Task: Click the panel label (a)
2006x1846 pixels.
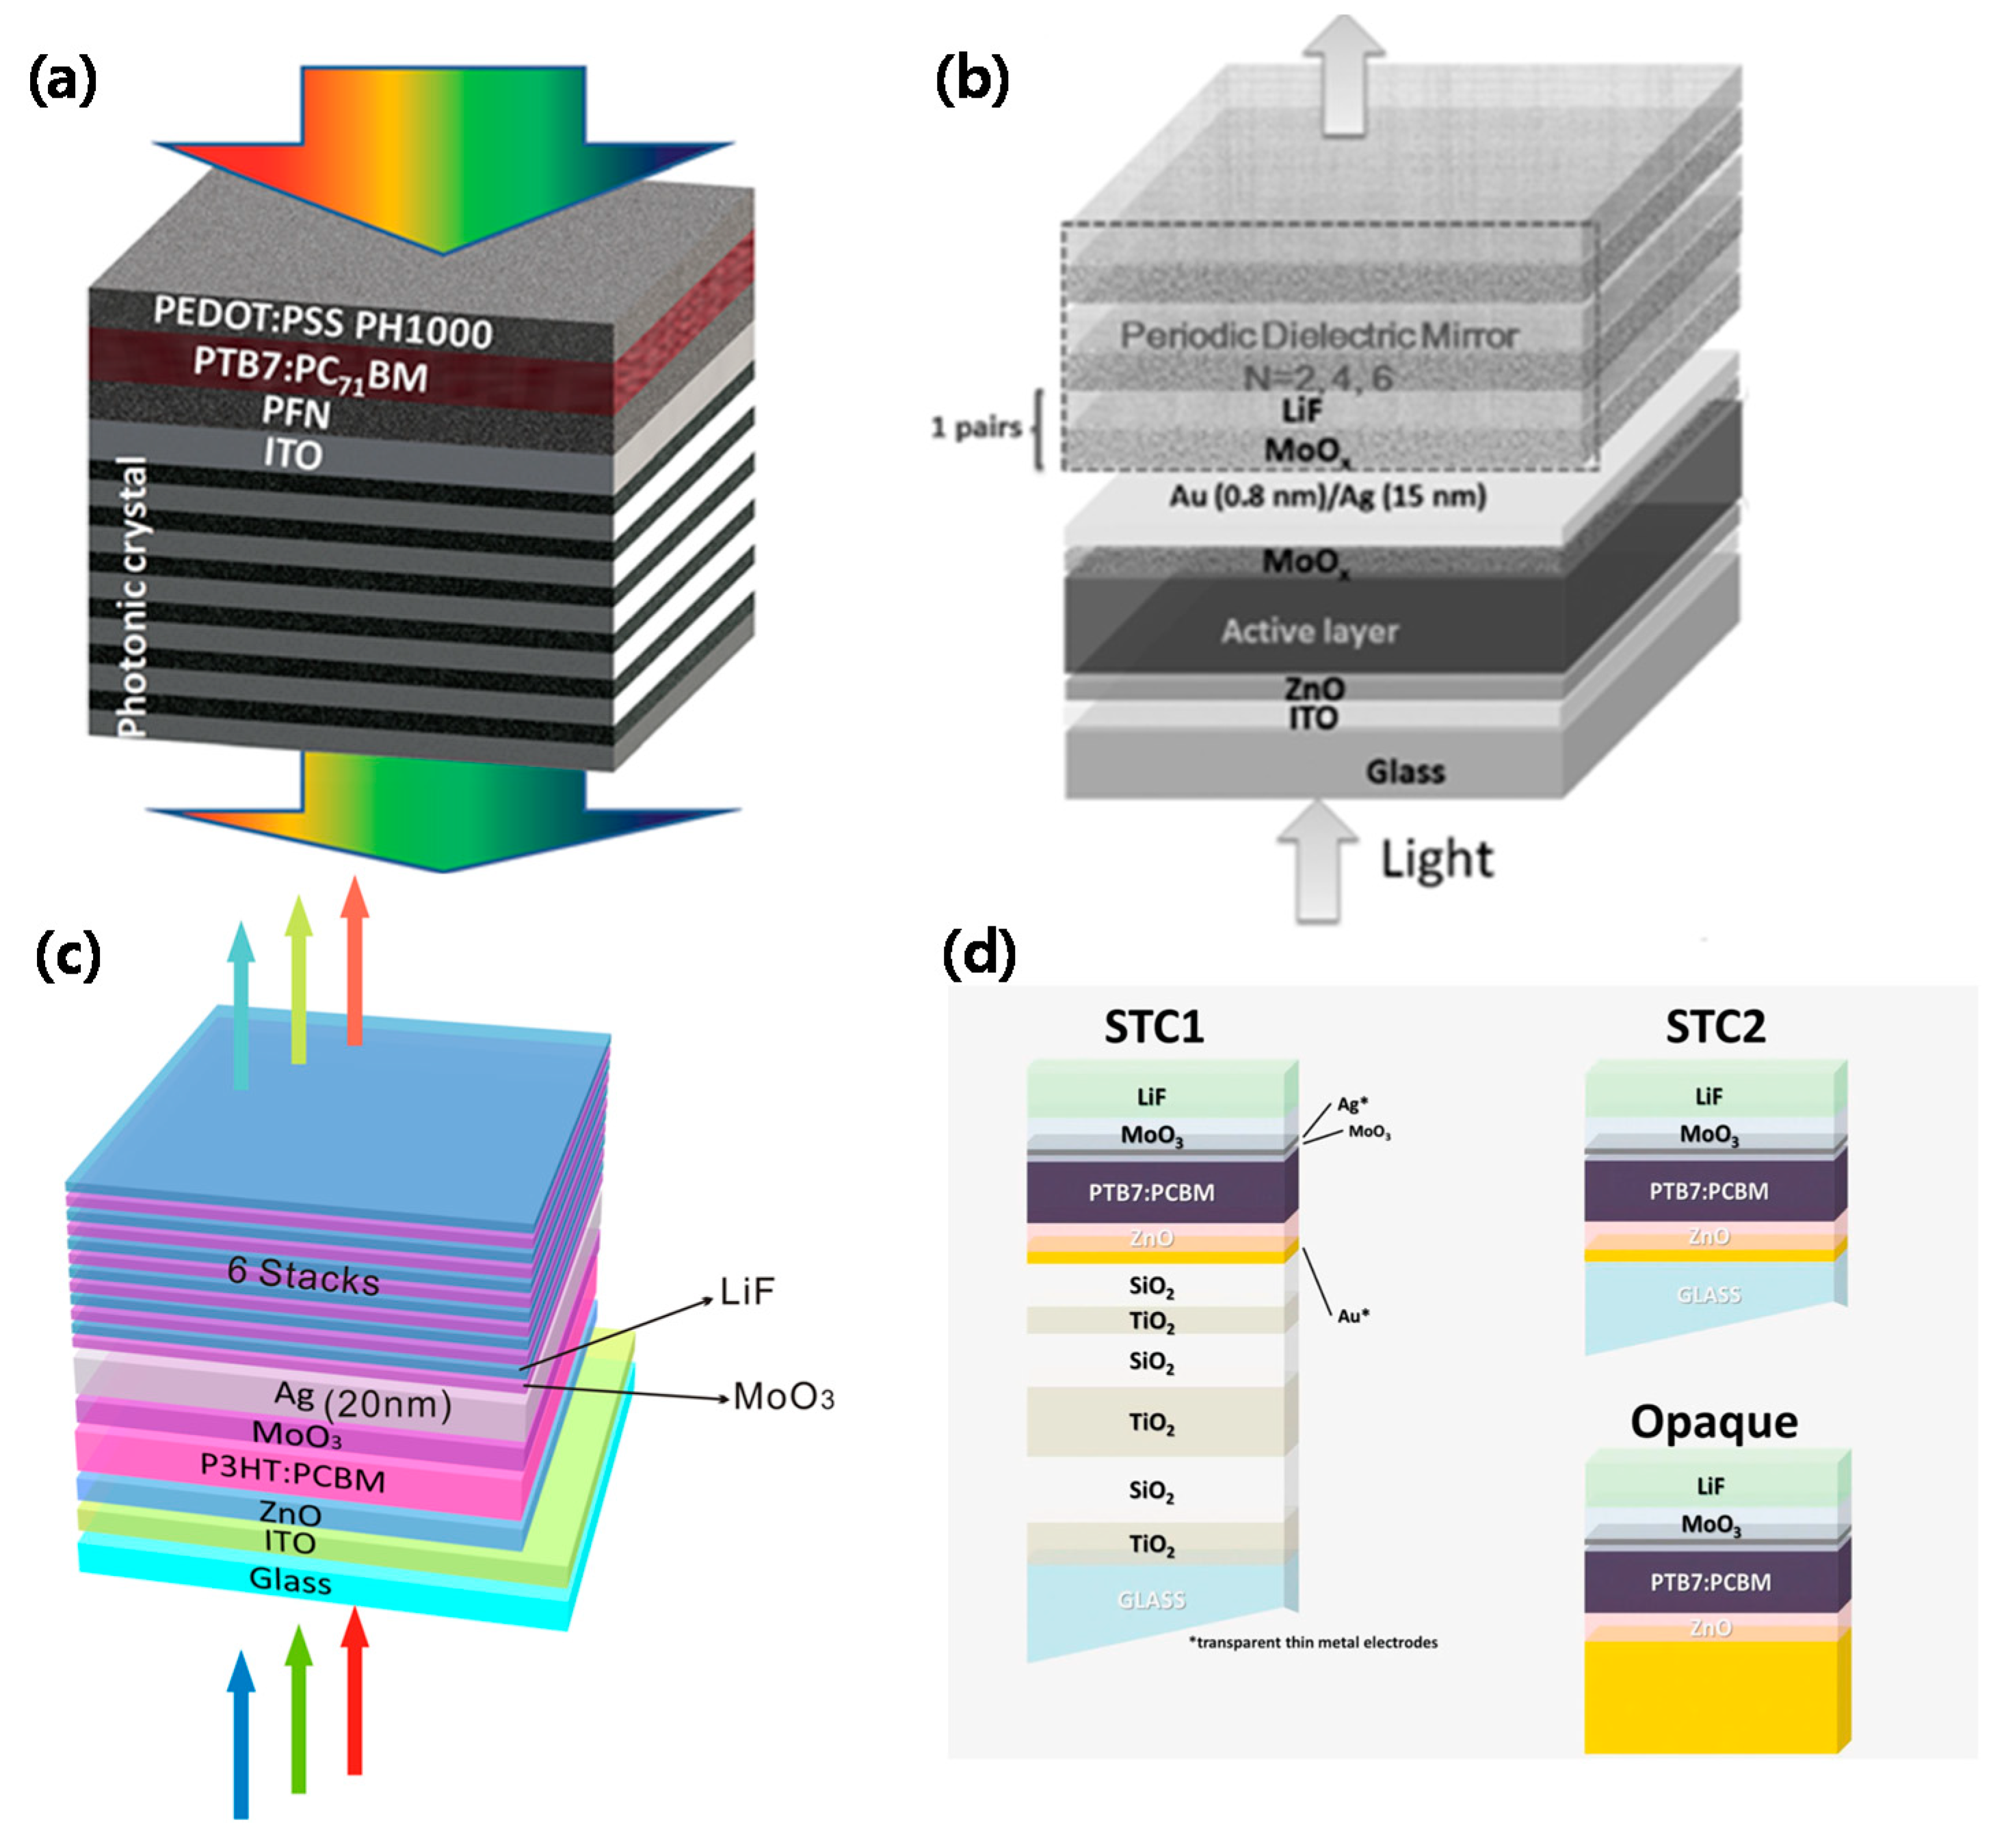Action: (x=62, y=80)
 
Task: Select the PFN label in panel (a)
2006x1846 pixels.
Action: (x=295, y=410)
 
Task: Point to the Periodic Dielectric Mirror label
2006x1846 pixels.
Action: (x=1319, y=336)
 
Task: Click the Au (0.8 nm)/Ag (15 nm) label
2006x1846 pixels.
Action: (x=1328, y=496)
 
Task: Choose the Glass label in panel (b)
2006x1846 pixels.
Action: (x=1405, y=771)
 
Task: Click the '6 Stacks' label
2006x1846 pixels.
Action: (x=304, y=1276)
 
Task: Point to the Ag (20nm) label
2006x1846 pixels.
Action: (x=362, y=1400)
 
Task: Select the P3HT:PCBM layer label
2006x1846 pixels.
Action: (x=293, y=1471)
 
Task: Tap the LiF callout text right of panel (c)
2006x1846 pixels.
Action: (x=748, y=1292)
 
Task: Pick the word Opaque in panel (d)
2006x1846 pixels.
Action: (x=1713, y=1421)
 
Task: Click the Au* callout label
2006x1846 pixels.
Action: (x=1353, y=1315)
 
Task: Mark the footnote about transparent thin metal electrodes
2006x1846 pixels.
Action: (x=1312, y=1642)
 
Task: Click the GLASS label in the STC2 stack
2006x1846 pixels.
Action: (x=1708, y=1295)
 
